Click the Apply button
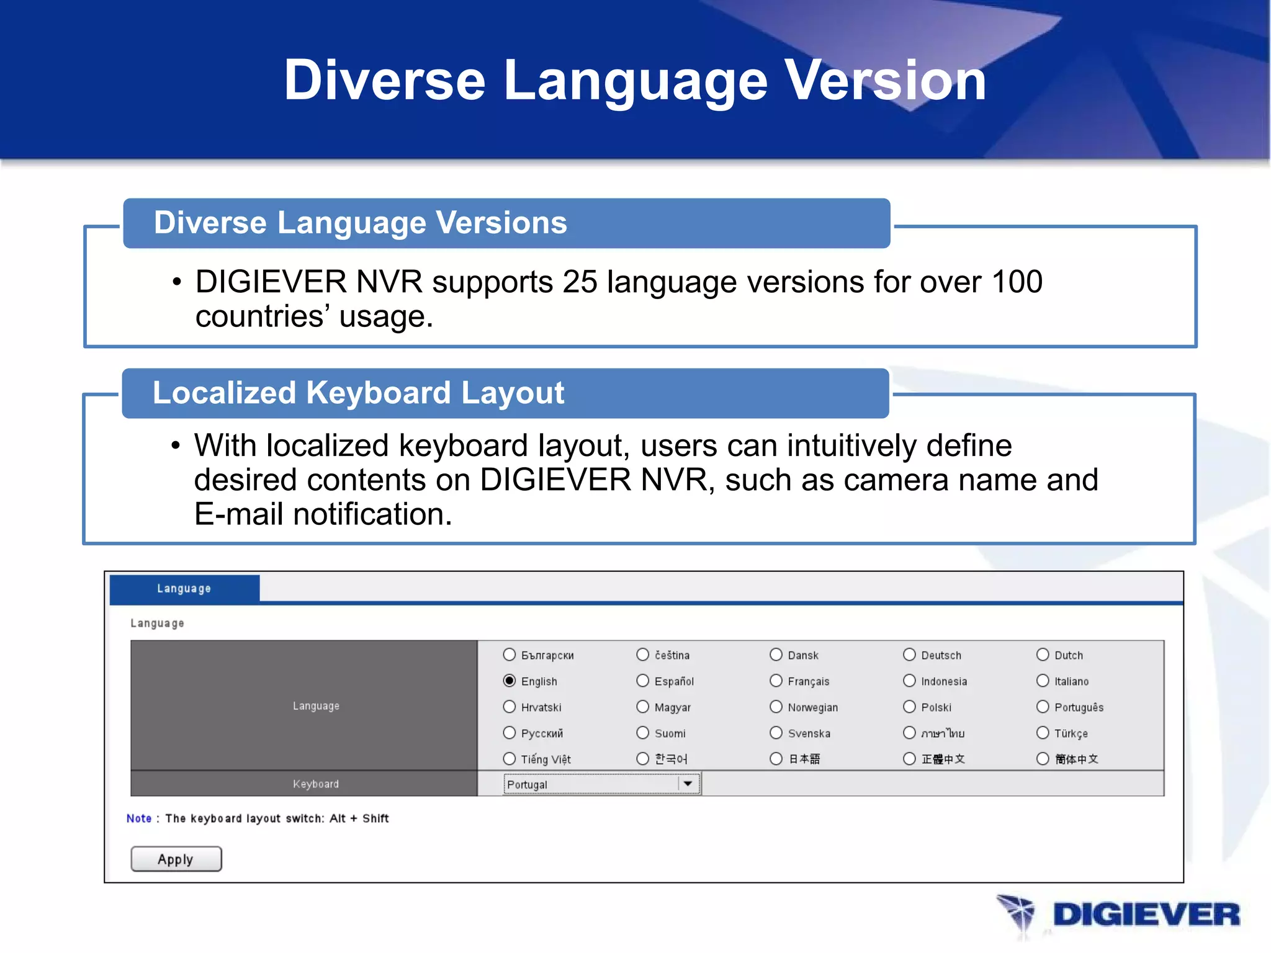pyautogui.click(x=176, y=859)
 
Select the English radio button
pyautogui.click(x=510, y=681)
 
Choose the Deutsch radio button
pyautogui.click(x=909, y=655)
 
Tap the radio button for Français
pyautogui.click(x=776, y=681)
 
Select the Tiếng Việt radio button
pyautogui.click(x=510, y=759)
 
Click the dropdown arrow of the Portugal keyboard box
pyautogui.click(x=688, y=784)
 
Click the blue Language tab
pyautogui.click(x=184, y=588)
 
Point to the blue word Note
pyautogui.click(x=139, y=818)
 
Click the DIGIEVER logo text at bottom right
pyautogui.click(x=1146, y=915)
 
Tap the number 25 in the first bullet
pyautogui.click(x=580, y=282)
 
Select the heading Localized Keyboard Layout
pyautogui.click(x=358, y=393)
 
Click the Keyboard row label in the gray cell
pyautogui.click(x=316, y=784)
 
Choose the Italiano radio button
pyautogui.click(x=1043, y=681)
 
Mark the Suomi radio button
pyautogui.click(x=643, y=733)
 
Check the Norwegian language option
pyautogui.click(x=776, y=707)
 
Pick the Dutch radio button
pyautogui.click(x=1043, y=655)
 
